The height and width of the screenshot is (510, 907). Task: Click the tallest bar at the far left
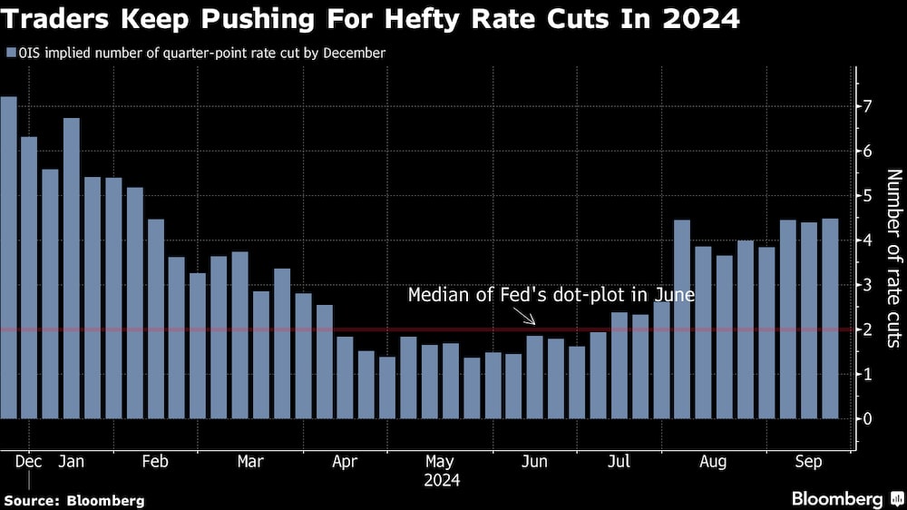pyautogui.click(x=8, y=258)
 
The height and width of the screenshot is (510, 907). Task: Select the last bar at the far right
pyautogui.click(x=830, y=319)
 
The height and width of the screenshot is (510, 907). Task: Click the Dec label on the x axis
pyautogui.click(x=28, y=462)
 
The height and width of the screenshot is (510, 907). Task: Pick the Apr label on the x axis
pyautogui.click(x=345, y=462)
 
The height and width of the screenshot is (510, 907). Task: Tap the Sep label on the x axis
pyautogui.click(x=808, y=462)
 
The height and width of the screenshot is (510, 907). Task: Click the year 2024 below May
pyautogui.click(x=441, y=480)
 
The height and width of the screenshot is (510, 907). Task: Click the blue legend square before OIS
pyautogui.click(x=9, y=54)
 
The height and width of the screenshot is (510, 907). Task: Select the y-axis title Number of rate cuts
pyautogui.click(x=892, y=259)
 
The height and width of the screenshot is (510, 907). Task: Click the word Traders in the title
pyautogui.click(x=54, y=17)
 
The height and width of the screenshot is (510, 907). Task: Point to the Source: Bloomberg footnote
pyautogui.click(x=74, y=500)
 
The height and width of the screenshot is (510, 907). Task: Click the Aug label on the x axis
pyautogui.click(x=714, y=462)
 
